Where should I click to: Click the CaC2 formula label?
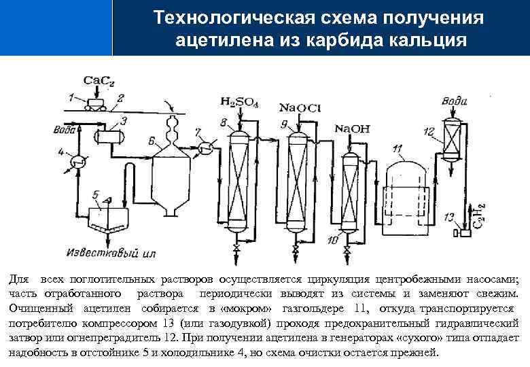coord(99,81)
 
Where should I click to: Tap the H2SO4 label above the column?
coord(239,102)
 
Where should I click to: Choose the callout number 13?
coord(448,217)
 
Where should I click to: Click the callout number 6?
coord(152,141)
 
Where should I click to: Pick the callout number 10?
coord(333,239)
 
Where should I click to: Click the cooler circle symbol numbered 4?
coord(78,162)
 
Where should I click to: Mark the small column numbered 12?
coord(450,143)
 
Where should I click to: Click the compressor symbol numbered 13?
coord(465,233)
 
